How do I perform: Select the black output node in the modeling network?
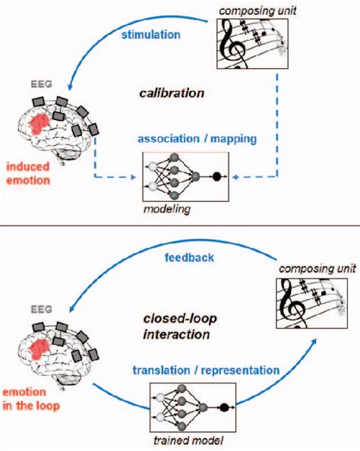pos(216,177)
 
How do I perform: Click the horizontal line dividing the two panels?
pos(180,225)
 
